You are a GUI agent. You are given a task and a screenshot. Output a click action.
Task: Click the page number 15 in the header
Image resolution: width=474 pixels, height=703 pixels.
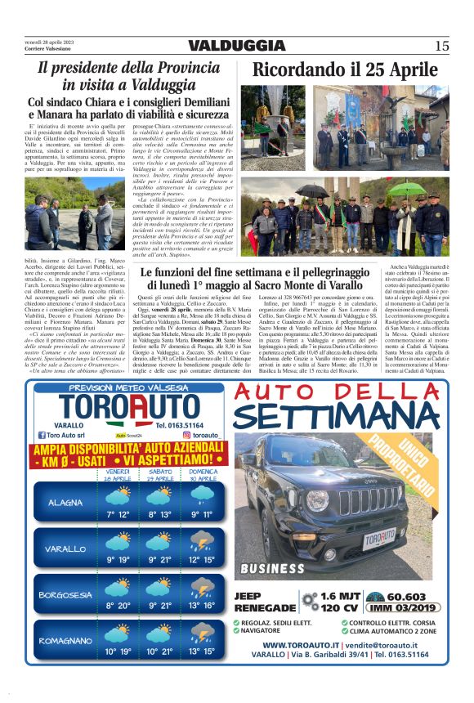click(441, 46)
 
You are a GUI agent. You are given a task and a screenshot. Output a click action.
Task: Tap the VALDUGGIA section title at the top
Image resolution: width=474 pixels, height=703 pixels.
click(236, 46)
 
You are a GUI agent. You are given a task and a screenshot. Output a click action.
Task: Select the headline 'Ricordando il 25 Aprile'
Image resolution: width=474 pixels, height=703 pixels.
click(345, 71)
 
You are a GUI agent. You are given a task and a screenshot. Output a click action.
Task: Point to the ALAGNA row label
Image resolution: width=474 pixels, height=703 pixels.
click(65, 502)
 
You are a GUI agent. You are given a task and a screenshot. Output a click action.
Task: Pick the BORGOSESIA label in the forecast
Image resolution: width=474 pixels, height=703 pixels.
click(65, 594)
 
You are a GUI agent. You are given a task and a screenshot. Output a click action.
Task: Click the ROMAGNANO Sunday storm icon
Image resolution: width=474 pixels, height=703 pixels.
click(202, 633)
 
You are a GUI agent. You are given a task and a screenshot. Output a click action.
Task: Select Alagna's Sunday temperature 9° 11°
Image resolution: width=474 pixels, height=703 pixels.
click(201, 514)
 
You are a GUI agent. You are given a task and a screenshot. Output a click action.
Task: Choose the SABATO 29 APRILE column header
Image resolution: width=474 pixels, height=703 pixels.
click(160, 474)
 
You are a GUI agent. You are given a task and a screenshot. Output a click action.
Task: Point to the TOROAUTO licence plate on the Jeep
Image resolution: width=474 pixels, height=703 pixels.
click(378, 540)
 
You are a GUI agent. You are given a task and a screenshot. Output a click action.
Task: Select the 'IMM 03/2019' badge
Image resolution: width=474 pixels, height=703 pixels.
click(406, 608)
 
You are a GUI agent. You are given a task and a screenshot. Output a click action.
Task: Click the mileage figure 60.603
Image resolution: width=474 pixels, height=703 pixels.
click(406, 597)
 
